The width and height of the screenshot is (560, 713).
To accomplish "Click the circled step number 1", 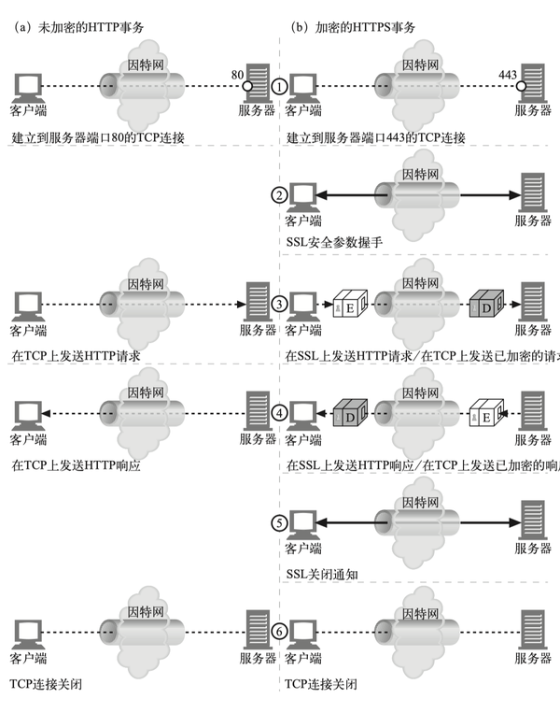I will click(x=279, y=86).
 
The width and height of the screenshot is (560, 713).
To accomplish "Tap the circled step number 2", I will click(x=279, y=195).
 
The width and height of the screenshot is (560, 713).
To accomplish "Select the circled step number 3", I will click(x=279, y=304).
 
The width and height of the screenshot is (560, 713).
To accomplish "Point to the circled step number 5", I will click(x=279, y=521).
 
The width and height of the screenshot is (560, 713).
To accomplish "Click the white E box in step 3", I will click(x=345, y=304).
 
